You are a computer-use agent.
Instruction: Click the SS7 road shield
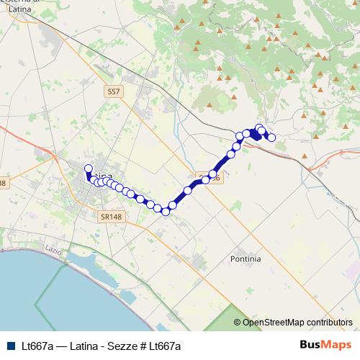pyautogui.click(x=114, y=91)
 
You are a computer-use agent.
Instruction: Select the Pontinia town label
pyautogui.click(x=246, y=258)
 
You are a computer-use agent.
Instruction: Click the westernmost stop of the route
pyautogui.click(x=89, y=169)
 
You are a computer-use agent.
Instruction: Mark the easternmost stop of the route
pyautogui.click(x=271, y=138)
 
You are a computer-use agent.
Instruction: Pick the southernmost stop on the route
pyautogui.click(x=166, y=211)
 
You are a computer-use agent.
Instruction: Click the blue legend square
pyautogui.click(x=11, y=346)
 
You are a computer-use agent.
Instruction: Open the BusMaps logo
pyautogui.click(x=325, y=345)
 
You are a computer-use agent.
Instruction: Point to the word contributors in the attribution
pyautogui.click(x=329, y=323)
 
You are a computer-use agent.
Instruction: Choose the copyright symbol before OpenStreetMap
pyautogui.click(x=238, y=323)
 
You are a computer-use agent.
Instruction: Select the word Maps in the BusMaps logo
pyautogui.click(x=337, y=345)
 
